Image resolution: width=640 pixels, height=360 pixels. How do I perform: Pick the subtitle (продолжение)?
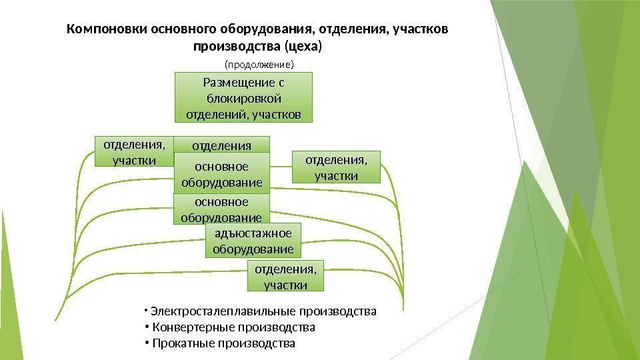tap(259, 65)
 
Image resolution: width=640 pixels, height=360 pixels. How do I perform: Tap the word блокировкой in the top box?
tap(243, 99)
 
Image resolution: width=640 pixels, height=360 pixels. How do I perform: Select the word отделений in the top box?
tap(212, 115)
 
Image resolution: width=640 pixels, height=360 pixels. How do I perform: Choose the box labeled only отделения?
tap(222, 145)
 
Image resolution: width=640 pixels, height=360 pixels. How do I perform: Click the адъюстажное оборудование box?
tap(253, 241)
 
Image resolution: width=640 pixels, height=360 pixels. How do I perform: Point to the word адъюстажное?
tap(253, 233)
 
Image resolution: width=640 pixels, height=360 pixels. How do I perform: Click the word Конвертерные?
tap(188, 327)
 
